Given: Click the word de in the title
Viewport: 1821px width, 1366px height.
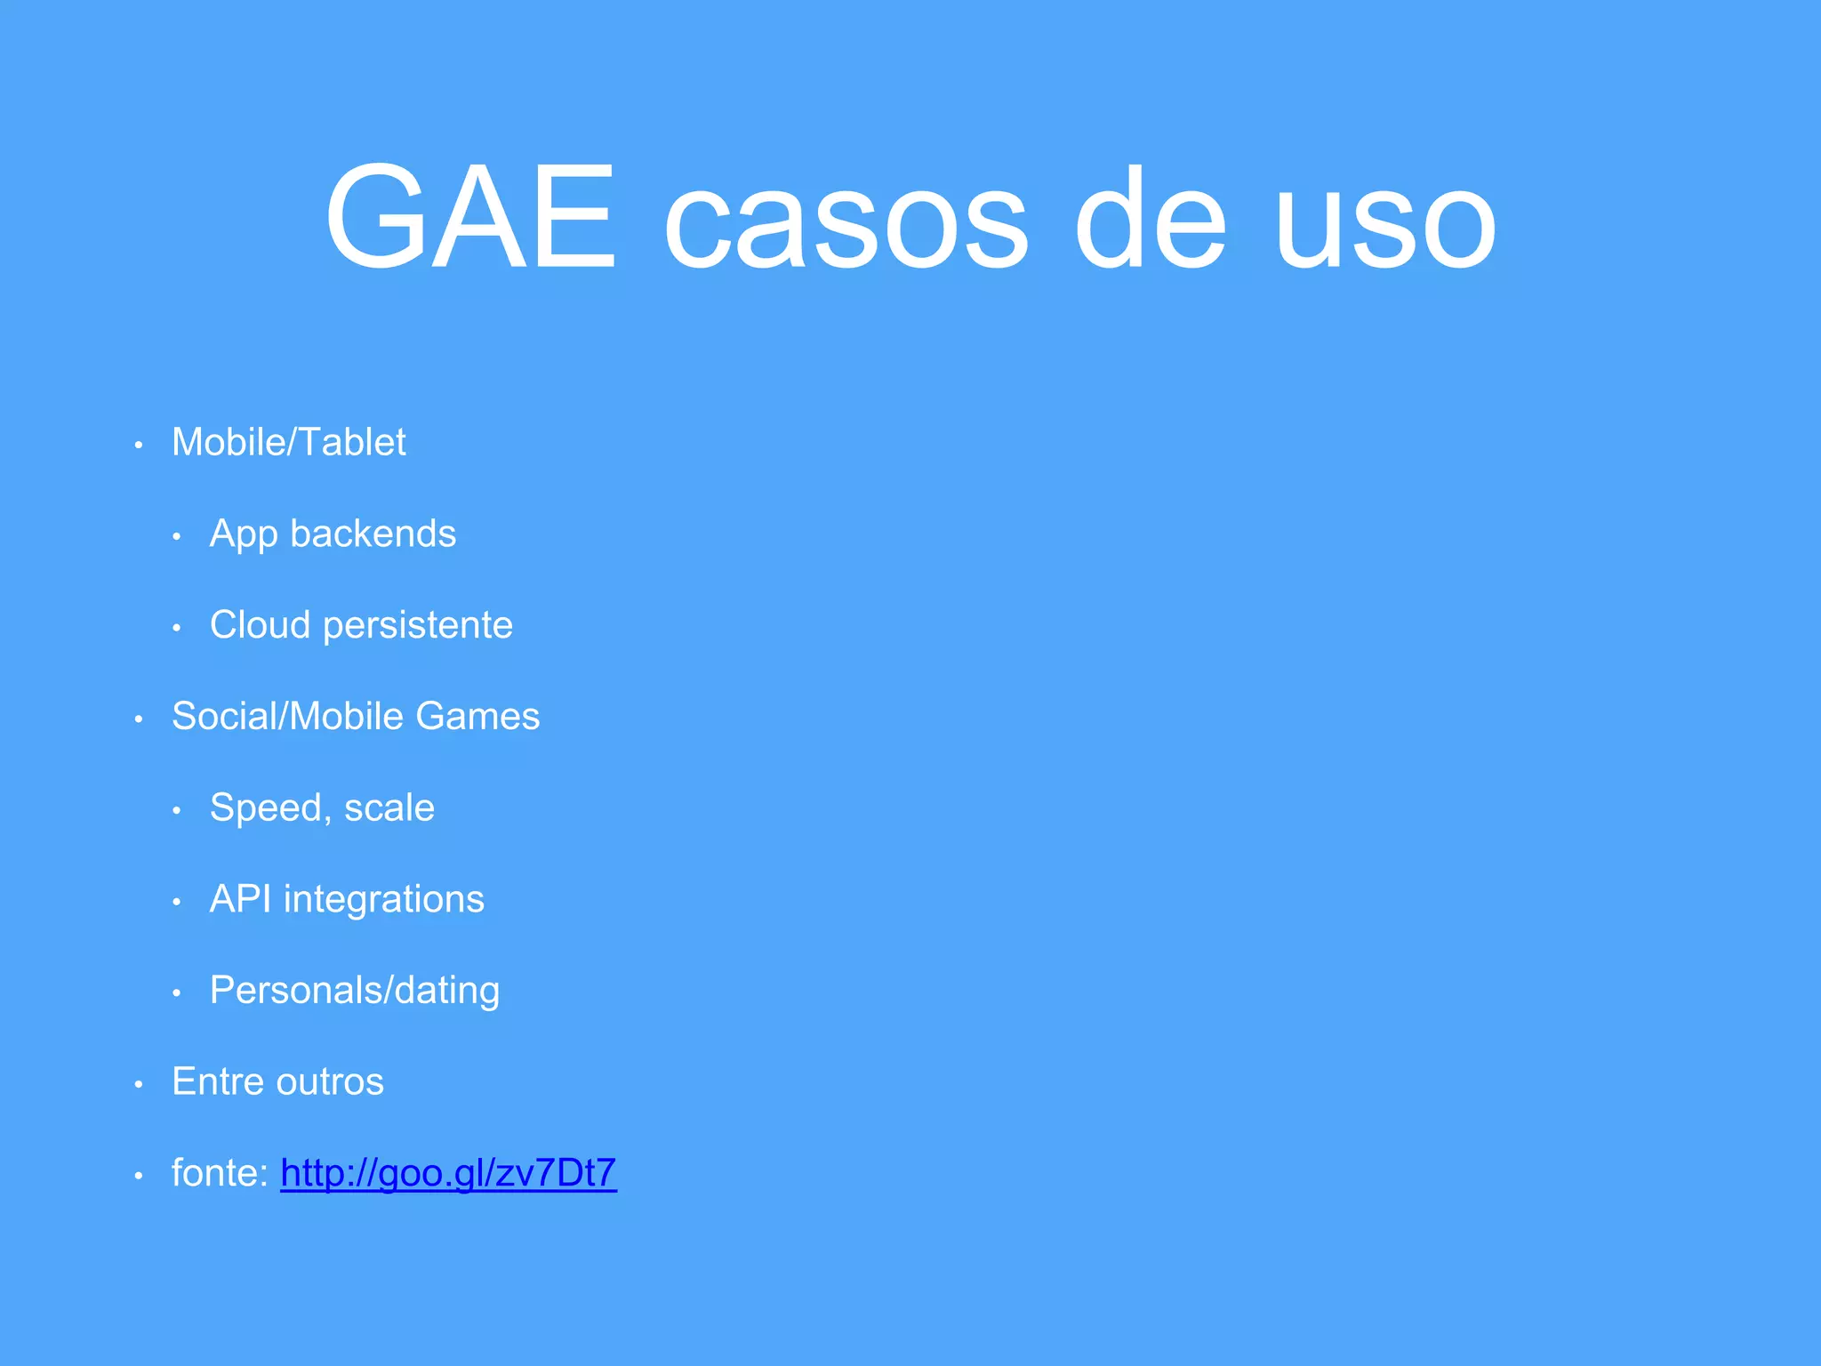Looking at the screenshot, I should click(1151, 218).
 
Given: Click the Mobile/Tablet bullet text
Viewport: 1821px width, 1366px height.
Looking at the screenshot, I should click(288, 442).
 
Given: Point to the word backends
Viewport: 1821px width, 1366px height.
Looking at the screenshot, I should click(373, 534).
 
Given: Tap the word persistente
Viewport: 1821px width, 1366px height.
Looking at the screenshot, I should click(418, 625).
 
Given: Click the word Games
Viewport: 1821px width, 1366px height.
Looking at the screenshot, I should click(477, 716).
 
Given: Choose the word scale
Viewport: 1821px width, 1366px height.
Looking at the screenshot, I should click(389, 808).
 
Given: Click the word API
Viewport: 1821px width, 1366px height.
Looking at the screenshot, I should click(240, 898).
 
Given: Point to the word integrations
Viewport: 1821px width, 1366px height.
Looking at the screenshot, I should click(384, 900).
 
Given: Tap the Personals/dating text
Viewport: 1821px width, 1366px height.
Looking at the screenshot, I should click(355, 991).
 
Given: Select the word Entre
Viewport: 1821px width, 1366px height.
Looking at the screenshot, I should click(219, 1081).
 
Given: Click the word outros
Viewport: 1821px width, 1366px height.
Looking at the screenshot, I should click(330, 1082).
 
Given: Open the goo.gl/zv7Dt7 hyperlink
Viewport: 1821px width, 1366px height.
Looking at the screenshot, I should click(448, 1173).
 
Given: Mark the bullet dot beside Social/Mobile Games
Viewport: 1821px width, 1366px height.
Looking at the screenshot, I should click(139, 718).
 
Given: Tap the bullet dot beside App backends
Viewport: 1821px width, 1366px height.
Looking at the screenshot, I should click(177, 536).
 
